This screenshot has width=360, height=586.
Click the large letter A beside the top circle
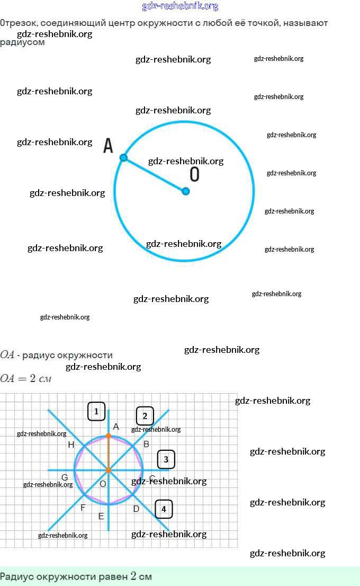click(109, 146)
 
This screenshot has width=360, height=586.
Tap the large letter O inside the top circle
click(195, 174)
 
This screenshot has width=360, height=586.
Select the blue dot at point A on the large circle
click(123, 158)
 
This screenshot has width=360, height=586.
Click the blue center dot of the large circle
click(186, 191)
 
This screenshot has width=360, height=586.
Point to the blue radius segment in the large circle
click(155, 175)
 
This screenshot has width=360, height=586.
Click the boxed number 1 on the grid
click(96, 411)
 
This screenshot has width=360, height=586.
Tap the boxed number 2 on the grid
click(145, 416)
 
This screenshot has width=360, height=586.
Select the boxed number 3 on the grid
click(166, 459)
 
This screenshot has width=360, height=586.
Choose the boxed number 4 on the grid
click(164, 510)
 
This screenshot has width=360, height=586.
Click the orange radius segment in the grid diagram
click(109, 453)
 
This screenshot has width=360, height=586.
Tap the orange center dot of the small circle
click(109, 470)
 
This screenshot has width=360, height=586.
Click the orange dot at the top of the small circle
click(109, 436)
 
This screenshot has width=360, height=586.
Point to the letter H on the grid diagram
click(71, 445)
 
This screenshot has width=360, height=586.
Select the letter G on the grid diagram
click(65, 477)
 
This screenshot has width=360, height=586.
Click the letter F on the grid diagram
click(83, 508)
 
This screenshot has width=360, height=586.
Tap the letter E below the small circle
click(101, 517)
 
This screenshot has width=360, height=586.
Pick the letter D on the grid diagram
click(136, 509)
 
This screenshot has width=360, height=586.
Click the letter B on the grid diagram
click(147, 444)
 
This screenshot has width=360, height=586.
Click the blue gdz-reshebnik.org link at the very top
click(180, 6)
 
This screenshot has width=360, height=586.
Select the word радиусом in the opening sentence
click(22, 43)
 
